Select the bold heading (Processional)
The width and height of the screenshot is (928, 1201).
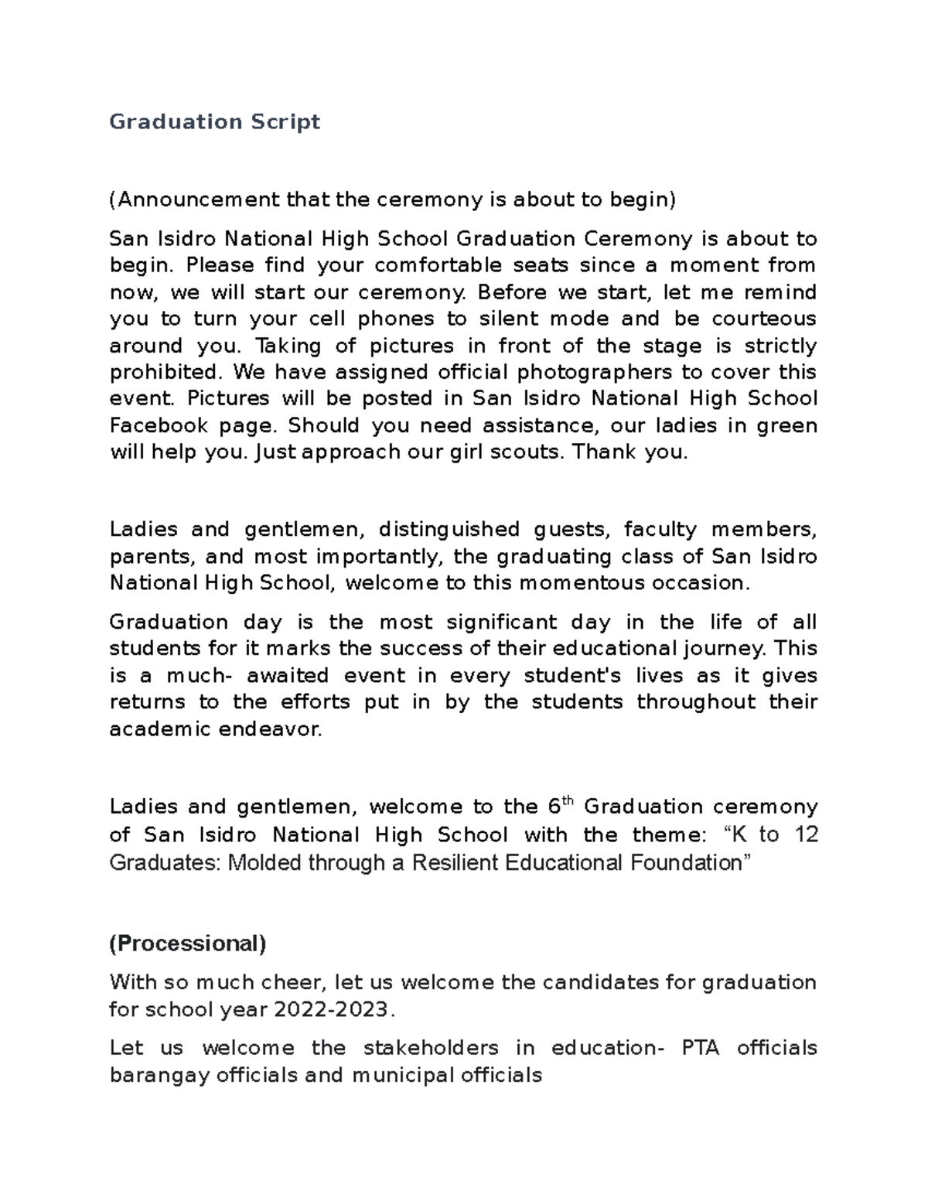point(188,943)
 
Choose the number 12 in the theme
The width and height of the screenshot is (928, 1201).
point(805,835)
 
